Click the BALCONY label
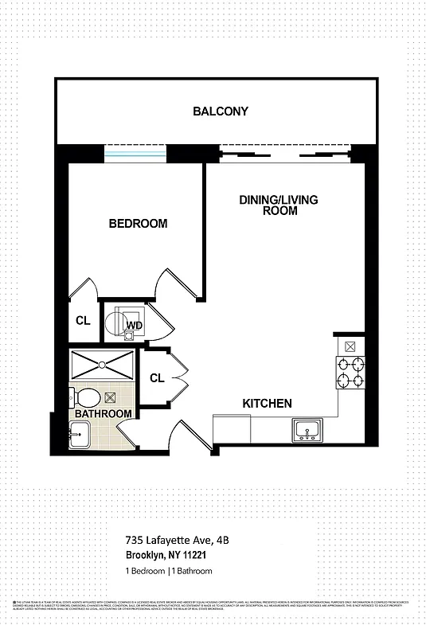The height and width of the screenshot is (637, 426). click(221, 111)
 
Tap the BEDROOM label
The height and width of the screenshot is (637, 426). click(138, 224)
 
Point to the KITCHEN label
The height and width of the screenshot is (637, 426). click(267, 404)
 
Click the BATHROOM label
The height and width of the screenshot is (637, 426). click(104, 414)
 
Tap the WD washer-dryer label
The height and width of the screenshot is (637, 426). click(135, 325)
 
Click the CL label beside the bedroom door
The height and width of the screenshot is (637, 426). click(83, 321)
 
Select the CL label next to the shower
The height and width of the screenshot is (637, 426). click(157, 378)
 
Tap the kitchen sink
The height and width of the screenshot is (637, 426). click(307, 431)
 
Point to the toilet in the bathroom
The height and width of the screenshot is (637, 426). click(84, 397)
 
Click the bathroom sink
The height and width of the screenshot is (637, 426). click(79, 435)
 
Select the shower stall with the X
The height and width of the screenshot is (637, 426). click(103, 365)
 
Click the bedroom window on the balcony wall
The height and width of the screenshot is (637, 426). click(136, 153)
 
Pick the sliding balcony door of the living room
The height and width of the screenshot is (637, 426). click(285, 153)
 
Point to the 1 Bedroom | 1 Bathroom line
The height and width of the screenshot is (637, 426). click(168, 572)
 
